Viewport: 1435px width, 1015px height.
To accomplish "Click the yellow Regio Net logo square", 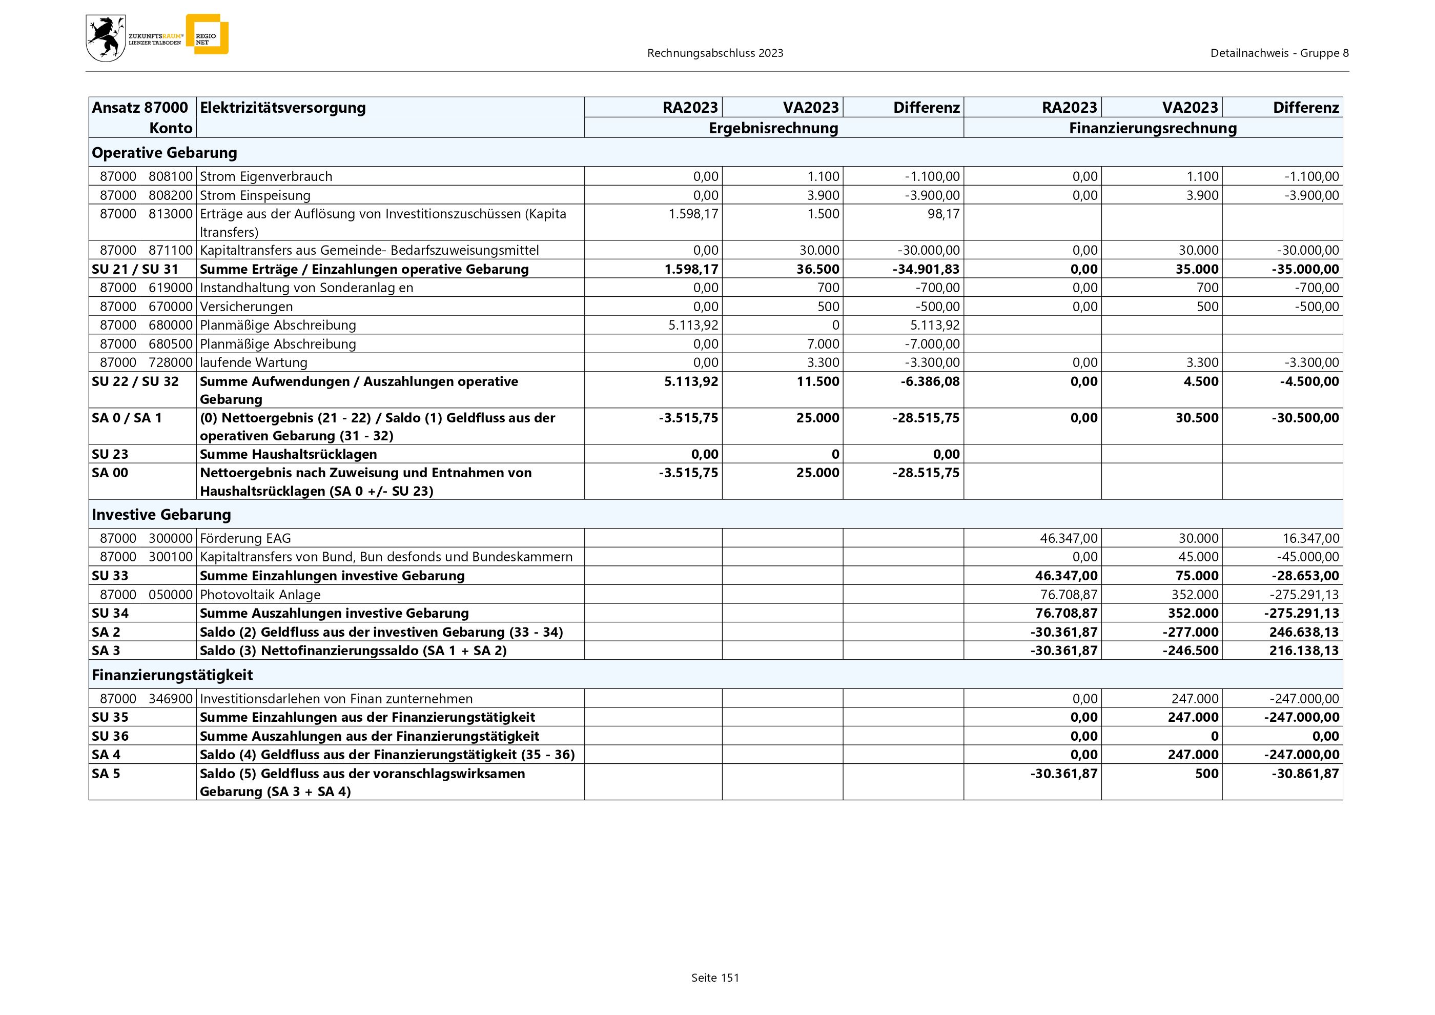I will tap(208, 34).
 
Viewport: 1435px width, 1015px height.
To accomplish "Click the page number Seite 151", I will tap(715, 978).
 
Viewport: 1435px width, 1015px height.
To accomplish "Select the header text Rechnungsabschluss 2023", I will tap(715, 53).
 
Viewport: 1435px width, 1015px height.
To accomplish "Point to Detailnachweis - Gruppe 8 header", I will tap(1279, 53).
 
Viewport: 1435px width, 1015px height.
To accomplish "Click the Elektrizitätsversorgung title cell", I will tap(282, 108).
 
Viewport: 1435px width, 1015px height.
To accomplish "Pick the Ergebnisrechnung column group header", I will tap(773, 128).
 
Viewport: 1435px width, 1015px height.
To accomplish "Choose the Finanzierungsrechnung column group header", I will tap(1153, 128).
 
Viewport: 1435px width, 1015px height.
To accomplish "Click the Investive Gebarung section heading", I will tap(161, 514).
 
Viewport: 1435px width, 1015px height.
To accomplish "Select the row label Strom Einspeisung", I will tap(255, 195).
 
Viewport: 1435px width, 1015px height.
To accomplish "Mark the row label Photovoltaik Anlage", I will tap(260, 594).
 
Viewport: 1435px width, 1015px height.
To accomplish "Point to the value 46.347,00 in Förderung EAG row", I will tap(1068, 538).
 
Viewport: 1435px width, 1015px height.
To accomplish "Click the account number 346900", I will tap(171, 699).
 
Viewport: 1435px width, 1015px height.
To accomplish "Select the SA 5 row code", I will tap(106, 773).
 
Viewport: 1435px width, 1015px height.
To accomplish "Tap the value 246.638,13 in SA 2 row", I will tap(1304, 632).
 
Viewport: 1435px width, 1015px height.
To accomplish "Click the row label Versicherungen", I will tap(246, 306).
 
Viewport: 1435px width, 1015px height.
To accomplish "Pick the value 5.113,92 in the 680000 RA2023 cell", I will tap(693, 325).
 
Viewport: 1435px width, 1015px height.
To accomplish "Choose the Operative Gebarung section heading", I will tap(165, 152).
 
